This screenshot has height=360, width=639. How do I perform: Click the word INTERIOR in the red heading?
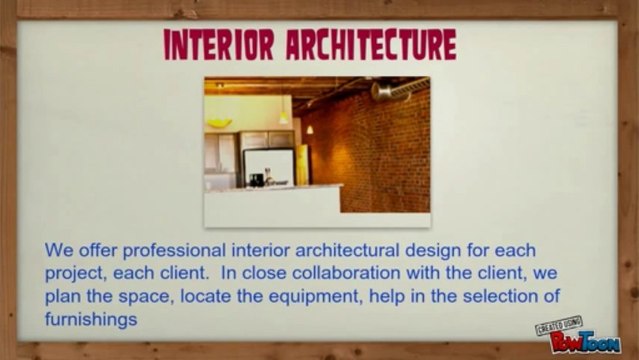pyautogui.click(x=219, y=45)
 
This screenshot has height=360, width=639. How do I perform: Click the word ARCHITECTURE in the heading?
pyautogui.click(x=371, y=45)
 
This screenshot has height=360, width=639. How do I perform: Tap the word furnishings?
pyautogui.click(x=91, y=320)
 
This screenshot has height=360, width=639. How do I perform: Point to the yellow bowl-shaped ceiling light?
pyautogui.click(x=219, y=122)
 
